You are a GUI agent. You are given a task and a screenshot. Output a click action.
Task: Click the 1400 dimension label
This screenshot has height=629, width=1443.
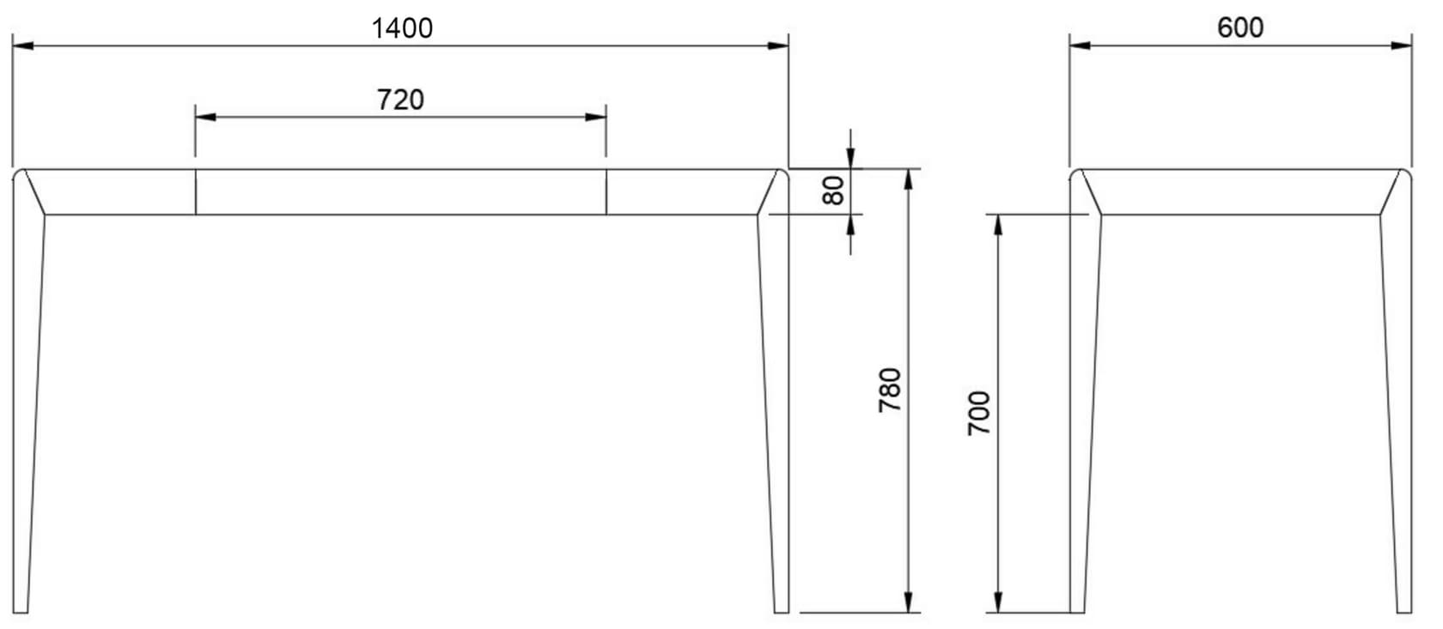click(x=401, y=28)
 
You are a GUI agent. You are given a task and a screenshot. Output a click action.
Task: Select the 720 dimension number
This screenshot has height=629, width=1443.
click(x=400, y=100)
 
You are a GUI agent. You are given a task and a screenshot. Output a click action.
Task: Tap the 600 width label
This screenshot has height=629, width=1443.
click(x=1240, y=27)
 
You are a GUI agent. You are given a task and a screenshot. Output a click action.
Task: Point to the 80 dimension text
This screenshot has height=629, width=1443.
click(x=832, y=191)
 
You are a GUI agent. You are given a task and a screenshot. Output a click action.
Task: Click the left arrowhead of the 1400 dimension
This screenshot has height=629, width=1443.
click(x=22, y=45)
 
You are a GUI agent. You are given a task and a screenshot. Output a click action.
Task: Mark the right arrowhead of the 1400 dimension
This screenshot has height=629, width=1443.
click(x=778, y=45)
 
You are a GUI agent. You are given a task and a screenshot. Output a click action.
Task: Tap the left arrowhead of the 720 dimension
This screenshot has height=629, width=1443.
click(x=205, y=116)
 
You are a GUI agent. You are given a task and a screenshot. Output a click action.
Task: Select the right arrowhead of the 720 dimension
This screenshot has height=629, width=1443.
click(x=596, y=116)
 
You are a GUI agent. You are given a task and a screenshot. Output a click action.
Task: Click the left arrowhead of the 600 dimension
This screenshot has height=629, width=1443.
click(x=1080, y=45)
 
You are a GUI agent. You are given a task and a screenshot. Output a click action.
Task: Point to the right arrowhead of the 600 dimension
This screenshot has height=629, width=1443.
click(x=1402, y=45)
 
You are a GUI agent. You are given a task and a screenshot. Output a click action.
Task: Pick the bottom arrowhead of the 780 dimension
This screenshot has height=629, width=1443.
click(x=908, y=602)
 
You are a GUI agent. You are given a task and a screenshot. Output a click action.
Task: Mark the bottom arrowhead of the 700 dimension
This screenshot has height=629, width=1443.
click(x=998, y=602)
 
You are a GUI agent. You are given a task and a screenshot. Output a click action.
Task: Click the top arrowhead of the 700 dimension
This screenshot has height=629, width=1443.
click(x=998, y=224)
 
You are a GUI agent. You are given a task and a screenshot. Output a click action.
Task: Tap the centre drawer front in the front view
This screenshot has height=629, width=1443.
click(x=400, y=191)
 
